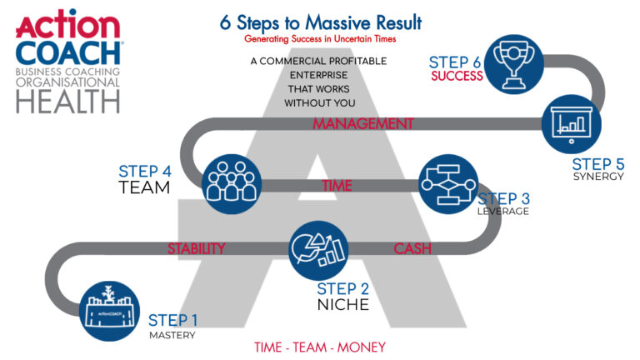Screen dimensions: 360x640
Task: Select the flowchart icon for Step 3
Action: pos(445,184)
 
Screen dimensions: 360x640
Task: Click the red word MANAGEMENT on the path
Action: pos(362,124)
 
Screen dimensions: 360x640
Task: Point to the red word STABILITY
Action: pos(196,248)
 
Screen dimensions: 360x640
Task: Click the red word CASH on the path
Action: pos(412,249)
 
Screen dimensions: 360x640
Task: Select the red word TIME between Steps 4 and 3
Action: pos(337,186)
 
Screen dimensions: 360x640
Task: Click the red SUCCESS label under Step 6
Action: pos(457,77)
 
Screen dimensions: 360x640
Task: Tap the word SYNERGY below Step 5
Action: pos(597,177)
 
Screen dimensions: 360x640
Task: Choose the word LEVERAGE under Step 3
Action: pos(503,212)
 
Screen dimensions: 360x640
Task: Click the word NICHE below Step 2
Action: pos(342,305)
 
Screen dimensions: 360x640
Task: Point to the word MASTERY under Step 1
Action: pos(172,336)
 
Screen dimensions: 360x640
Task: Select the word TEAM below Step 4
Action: pos(144,187)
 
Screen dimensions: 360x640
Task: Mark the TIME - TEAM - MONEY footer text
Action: pos(320,347)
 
